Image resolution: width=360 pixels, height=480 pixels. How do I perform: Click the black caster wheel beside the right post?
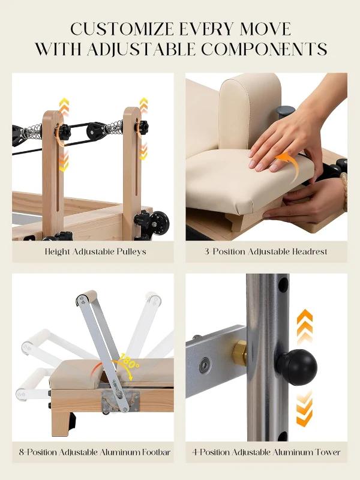tap(158, 223)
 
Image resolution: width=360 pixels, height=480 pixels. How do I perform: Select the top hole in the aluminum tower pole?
tap(283, 282)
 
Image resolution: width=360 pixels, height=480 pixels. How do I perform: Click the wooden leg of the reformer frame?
tap(60, 420)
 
